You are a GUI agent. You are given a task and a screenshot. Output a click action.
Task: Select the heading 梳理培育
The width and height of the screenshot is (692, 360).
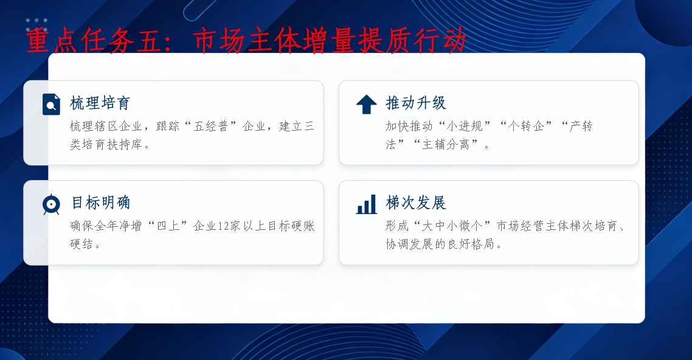pos(100,103)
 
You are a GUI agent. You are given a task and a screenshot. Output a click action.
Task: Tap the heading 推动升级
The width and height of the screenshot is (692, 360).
pos(416,103)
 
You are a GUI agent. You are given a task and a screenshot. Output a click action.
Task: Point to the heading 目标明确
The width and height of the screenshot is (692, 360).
pos(101,203)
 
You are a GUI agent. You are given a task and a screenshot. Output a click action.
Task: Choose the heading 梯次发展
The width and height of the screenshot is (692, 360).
pos(416,203)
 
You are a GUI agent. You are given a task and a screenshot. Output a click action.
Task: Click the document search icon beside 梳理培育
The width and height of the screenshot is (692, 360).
pos(51,105)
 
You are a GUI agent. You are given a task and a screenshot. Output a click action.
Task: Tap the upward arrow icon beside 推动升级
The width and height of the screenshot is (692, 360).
pos(366,105)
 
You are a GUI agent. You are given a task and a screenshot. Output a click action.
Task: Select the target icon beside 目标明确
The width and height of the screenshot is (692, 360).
pos(51,204)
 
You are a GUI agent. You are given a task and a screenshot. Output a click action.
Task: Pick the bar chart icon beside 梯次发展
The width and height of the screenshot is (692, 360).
pos(366,204)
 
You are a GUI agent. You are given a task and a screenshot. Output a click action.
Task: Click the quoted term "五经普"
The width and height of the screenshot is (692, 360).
pos(211,126)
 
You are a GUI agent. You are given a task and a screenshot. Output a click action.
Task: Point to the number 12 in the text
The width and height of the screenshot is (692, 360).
pos(223,226)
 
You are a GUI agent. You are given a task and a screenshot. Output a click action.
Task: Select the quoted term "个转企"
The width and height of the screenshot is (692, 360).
pos(525,126)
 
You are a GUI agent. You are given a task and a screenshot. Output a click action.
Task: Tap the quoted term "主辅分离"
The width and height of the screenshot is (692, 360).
pos(445,145)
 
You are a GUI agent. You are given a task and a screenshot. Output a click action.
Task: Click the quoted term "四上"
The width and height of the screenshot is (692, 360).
pos(168,226)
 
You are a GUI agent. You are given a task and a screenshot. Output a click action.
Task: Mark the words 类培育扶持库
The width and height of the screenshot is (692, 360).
pos(106,145)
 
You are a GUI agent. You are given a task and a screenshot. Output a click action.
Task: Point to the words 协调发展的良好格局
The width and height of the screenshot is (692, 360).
pos(440,244)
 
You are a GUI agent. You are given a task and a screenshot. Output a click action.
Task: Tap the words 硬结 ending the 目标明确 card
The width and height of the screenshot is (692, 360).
pos(81,244)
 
